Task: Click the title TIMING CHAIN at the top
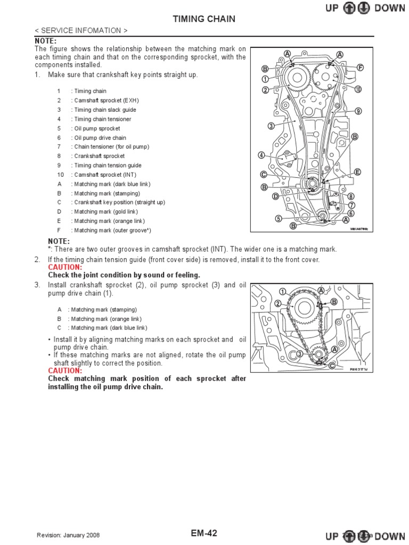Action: click(x=204, y=19)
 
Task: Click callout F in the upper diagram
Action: click(x=361, y=68)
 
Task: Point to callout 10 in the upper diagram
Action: click(x=358, y=89)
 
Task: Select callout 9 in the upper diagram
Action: click(x=358, y=111)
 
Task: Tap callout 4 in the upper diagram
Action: click(x=261, y=155)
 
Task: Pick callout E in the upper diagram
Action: click(x=358, y=172)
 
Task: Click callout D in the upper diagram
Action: click(x=276, y=196)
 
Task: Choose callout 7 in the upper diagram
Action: click(x=351, y=205)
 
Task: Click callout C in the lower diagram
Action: click(x=332, y=366)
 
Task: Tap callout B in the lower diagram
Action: click(x=334, y=302)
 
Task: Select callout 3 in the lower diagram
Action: click(x=300, y=353)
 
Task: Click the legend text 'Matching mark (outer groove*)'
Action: click(x=113, y=230)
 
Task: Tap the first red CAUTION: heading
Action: click(x=65, y=267)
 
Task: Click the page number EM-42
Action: click(x=203, y=533)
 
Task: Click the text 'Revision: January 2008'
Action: click(x=68, y=535)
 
